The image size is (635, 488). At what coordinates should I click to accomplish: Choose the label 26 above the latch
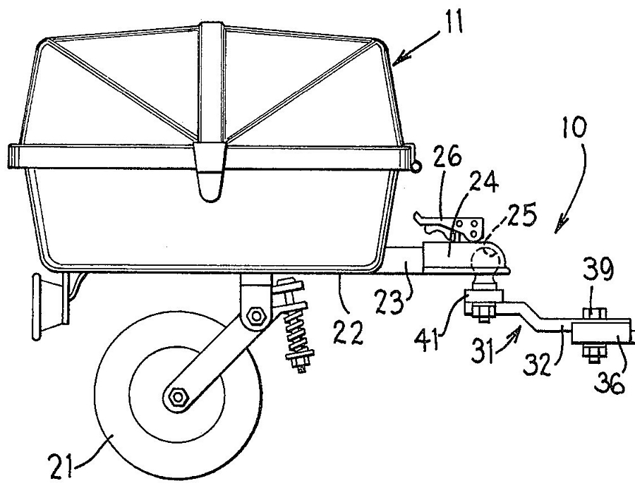(447, 157)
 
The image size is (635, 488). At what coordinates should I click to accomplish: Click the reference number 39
(598, 269)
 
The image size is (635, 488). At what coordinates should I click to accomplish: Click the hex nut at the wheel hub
(177, 396)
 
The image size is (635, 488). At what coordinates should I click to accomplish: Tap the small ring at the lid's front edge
(416, 166)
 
